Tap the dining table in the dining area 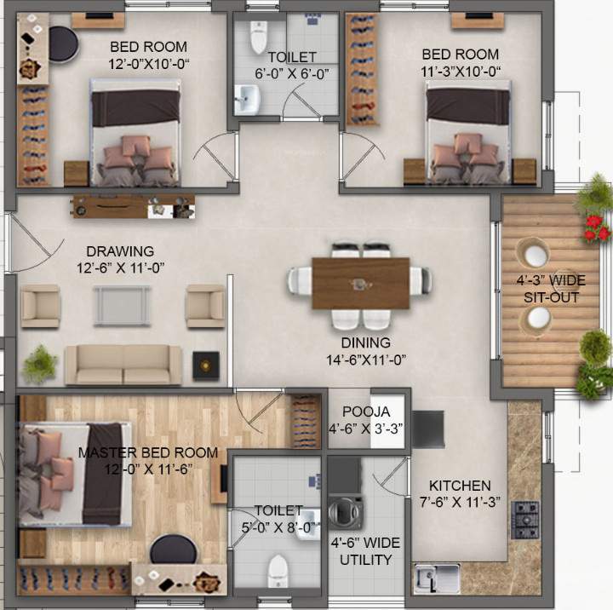point(360,283)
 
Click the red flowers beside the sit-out point(597,227)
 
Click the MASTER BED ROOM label point(147,452)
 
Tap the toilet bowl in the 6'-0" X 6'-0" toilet point(258,38)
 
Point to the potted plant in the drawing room point(40,365)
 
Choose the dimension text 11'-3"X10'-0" point(461,72)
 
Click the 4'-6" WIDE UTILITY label point(364,551)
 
